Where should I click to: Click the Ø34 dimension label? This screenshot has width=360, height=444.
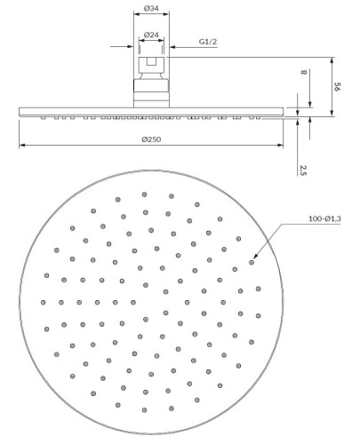(151, 8)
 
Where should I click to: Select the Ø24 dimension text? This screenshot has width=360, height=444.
(151, 35)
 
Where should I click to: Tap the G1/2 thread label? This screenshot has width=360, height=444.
(208, 42)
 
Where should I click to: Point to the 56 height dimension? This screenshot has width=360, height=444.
(338, 87)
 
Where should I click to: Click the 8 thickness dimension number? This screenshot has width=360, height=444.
(304, 72)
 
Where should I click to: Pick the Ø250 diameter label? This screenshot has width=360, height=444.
(151, 139)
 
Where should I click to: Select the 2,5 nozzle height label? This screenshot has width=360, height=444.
(302, 170)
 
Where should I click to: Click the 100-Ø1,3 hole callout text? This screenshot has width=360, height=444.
(324, 218)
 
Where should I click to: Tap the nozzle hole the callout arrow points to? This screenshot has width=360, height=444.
(252, 262)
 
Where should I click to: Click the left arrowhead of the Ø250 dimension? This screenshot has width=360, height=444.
(22, 145)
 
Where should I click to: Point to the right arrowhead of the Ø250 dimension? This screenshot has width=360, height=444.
(280, 145)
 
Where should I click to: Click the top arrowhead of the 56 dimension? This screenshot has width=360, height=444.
(332, 60)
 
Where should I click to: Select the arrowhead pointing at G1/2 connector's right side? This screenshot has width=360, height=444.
(172, 47)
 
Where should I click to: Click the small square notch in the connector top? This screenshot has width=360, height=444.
(151, 61)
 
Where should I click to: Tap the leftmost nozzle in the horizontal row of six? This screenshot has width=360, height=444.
(44, 302)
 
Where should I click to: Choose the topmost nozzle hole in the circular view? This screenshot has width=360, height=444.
(144, 194)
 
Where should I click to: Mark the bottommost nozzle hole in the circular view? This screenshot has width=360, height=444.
(144, 410)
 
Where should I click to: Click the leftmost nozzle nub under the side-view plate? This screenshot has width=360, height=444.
(44, 118)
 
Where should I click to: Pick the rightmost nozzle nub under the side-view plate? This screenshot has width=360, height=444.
(258, 118)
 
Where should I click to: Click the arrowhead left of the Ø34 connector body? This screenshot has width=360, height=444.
(130, 46)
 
